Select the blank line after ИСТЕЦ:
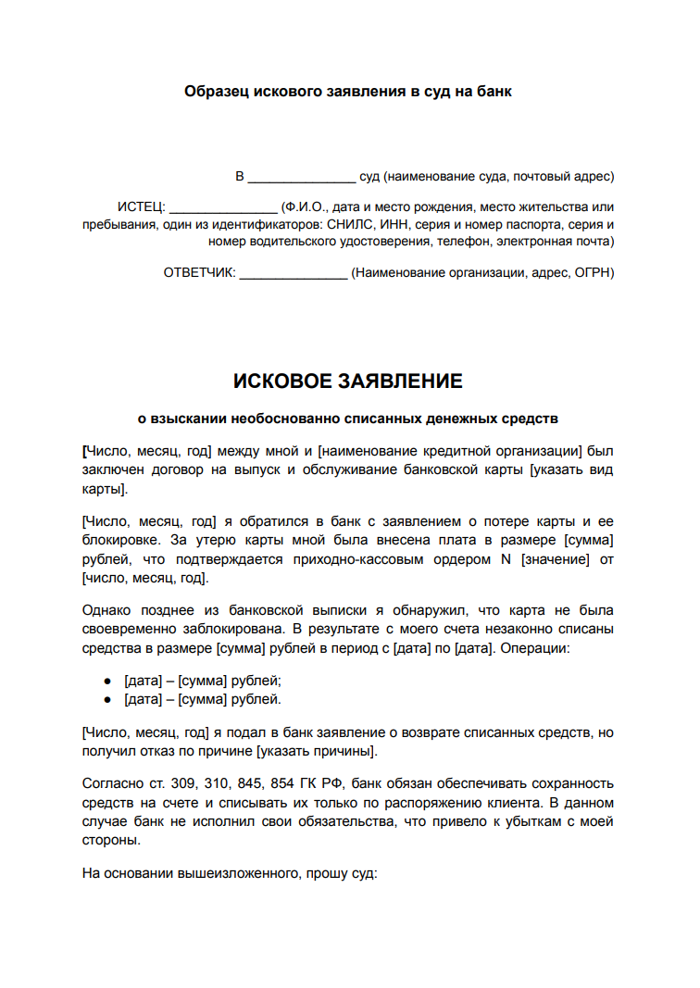[223, 207]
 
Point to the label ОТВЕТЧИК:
[199, 272]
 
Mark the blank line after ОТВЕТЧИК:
[293, 273]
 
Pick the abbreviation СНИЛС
[346, 224]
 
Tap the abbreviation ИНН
[389, 224]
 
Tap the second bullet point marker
[107, 699]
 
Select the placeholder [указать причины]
[318, 750]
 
